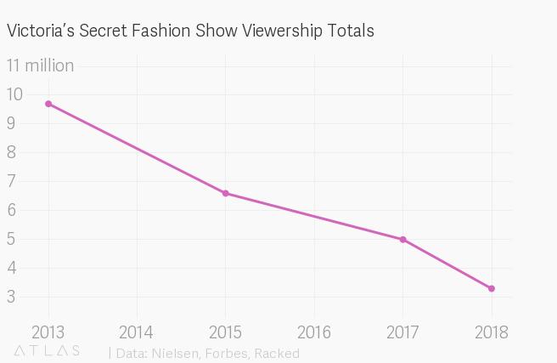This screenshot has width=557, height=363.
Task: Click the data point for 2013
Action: click(x=48, y=104)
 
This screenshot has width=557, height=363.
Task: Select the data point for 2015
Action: click(x=226, y=193)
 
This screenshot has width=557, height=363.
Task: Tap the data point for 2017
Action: click(x=402, y=240)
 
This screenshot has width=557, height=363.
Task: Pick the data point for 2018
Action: click(x=492, y=289)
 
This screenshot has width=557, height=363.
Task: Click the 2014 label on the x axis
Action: click(x=136, y=332)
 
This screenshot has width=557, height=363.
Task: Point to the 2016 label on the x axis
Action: click(x=314, y=332)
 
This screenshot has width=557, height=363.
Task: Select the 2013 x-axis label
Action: click(x=48, y=332)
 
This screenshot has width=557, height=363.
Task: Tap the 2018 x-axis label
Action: click(x=492, y=332)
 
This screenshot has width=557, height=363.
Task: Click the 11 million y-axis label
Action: click(x=40, y=65)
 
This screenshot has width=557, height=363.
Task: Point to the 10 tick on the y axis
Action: click(x=15, y=94)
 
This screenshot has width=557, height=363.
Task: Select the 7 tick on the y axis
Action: click(x=11, y=181)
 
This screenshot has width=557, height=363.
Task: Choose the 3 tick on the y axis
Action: click(x=11, y=297)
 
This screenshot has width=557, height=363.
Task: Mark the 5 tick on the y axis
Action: click(x=11, y=239)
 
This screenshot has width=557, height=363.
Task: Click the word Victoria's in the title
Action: click(x=37, y=31)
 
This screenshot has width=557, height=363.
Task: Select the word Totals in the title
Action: click(x=349, y=31)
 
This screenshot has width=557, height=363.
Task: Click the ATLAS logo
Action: click(x=48, y=351)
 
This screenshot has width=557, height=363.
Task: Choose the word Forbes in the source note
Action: click(x=227, y=353)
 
